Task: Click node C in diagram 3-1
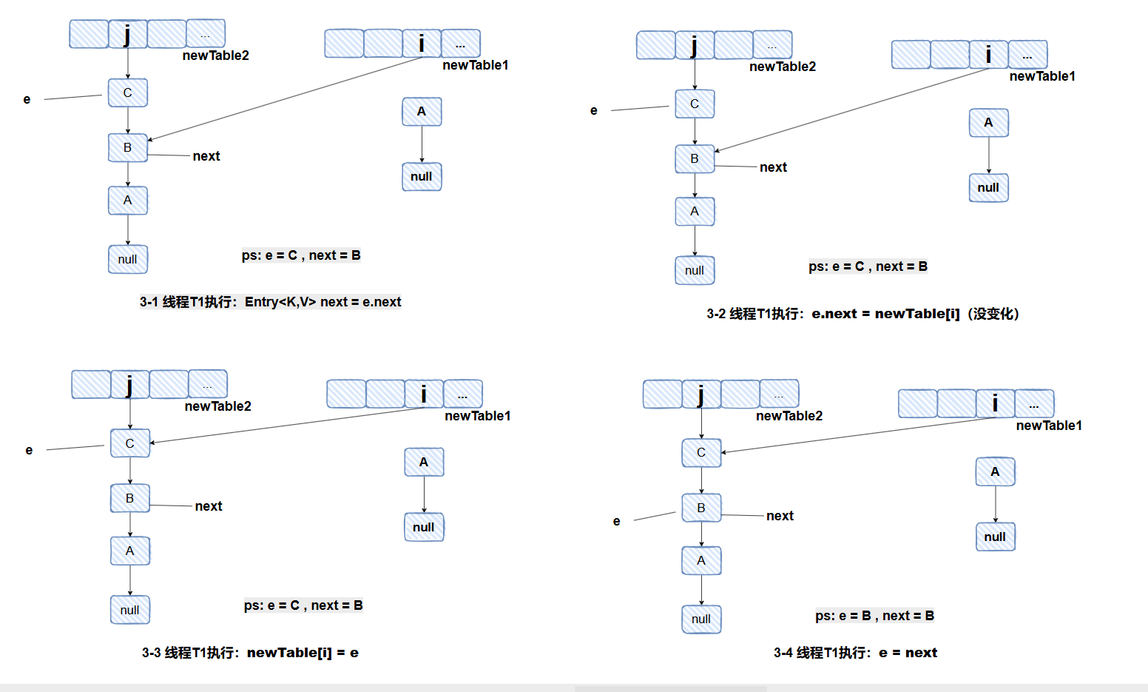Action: click(127, 93)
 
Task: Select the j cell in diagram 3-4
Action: click(700, 394)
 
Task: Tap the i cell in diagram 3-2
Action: click(988, 55)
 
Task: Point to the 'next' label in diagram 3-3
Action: click(209, 506)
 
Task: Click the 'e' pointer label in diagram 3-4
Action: click(616, 521)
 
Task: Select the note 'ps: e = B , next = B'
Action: click(874, 616)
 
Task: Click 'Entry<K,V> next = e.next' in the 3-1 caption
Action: click(323, 302)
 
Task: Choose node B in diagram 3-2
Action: click(695, 159)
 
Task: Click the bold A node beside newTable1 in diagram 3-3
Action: click(424, 463)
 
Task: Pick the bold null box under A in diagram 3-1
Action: click(422, 177)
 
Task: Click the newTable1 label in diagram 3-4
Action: click(1048, 426)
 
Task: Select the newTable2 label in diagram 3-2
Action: click(783, 67)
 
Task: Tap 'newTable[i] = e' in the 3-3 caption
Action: click(303, 653)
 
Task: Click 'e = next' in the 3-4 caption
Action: click(908, 653)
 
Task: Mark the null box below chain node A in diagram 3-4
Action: click(701, 619)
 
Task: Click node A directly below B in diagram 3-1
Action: click(127, 201)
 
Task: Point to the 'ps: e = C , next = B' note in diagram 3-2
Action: click(868, 266)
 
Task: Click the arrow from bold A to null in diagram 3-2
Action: click(989, 155)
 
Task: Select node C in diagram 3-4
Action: click(701, 453)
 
